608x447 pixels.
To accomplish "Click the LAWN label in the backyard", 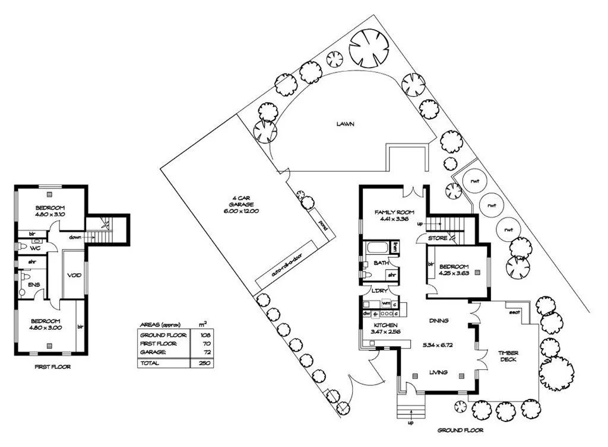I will click(x=345, y=124).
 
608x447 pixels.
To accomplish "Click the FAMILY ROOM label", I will click(x=394, y=212).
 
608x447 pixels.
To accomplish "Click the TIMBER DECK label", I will click(x=508, y=356).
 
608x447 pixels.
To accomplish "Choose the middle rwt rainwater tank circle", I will click(x=491, y=207).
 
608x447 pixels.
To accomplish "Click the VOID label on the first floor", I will click(x=74, y=275).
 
